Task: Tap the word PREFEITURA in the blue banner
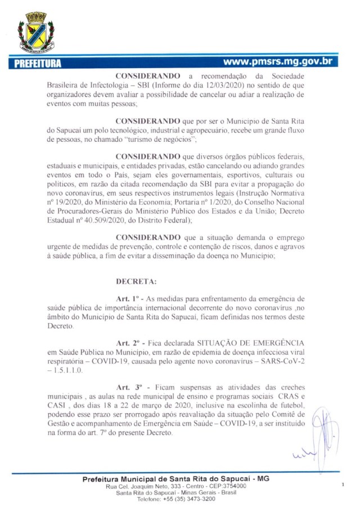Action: click(x=35, y=62)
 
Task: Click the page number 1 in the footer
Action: click(x=343, y=484)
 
